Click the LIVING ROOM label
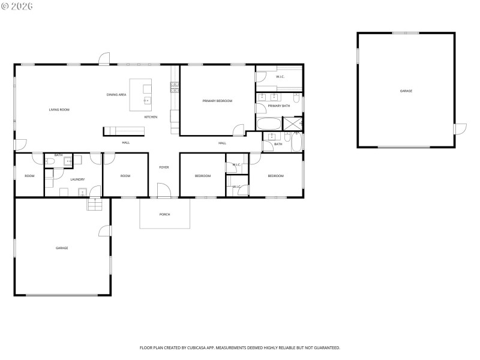click(x=59, y=110)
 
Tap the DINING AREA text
click(x=116, y=95)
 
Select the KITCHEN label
click(x=151, y=117)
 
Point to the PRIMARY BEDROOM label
click(x=217, y=101)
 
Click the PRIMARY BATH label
click(x=279, y=106)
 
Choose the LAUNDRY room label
click(x=77, y=179)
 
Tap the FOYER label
click(x=164, y=167)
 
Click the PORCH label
click(x=164, y=214)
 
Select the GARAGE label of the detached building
click(x=406, y=91)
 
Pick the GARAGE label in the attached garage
click(x=62, y=248)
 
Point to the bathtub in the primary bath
click(x=268, y=124)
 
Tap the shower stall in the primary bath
click(x=293, y=124)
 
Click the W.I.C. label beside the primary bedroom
click(x=280, y=77)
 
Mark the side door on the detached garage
click(x=460, y=129)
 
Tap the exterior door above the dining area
click(x=104, y=59)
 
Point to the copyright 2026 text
click(x=17, y=6)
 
